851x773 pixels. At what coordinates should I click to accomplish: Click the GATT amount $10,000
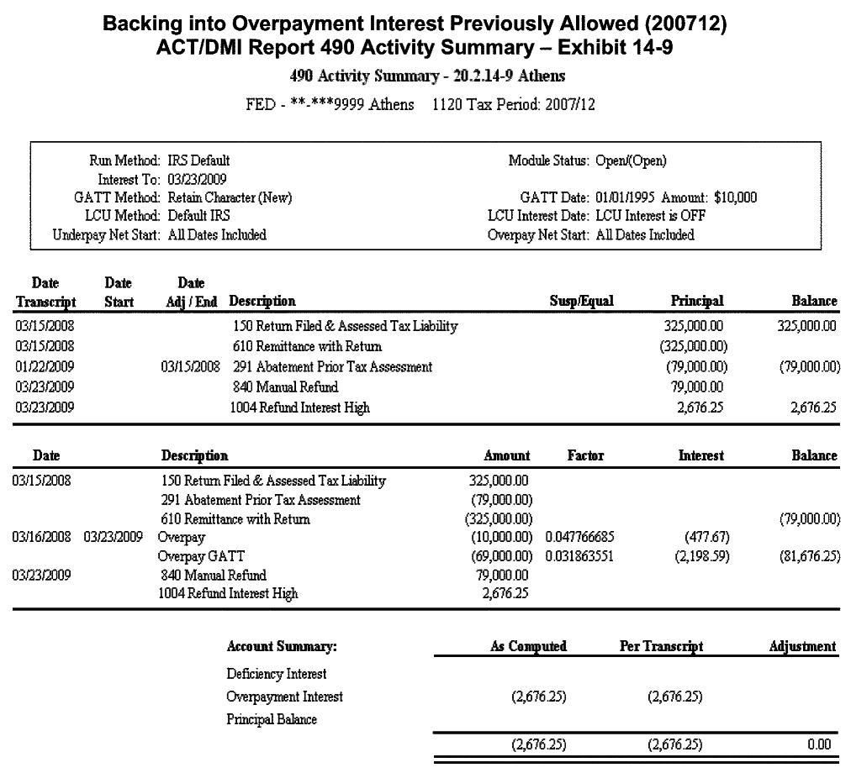click(734, 197)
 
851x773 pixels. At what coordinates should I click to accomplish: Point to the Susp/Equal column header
click(581, 301)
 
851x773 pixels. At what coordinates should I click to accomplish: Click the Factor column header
click(585, 455)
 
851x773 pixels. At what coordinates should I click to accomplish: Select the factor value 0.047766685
click(586, 537)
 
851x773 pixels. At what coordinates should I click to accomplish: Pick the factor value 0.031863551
click(586, 555)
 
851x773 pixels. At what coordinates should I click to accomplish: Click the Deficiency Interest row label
click(277, 674)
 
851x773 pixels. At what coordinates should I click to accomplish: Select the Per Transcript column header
click(660, 647)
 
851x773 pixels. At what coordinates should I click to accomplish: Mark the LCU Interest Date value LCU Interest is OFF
click(650, 216)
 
